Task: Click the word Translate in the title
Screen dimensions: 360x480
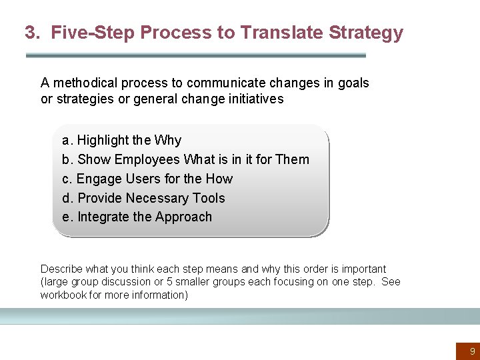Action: pos(275,33)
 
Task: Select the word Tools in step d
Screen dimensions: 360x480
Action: pos(209,199)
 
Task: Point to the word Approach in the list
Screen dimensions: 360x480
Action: pos(183,217)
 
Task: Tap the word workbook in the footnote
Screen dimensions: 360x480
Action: pos(63,295)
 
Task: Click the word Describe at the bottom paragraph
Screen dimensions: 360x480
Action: pos(61,269)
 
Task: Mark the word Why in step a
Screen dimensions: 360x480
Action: pos(168,141)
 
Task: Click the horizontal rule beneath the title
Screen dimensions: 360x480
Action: pos(195,55)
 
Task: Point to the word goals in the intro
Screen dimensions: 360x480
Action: pos(353,83)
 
